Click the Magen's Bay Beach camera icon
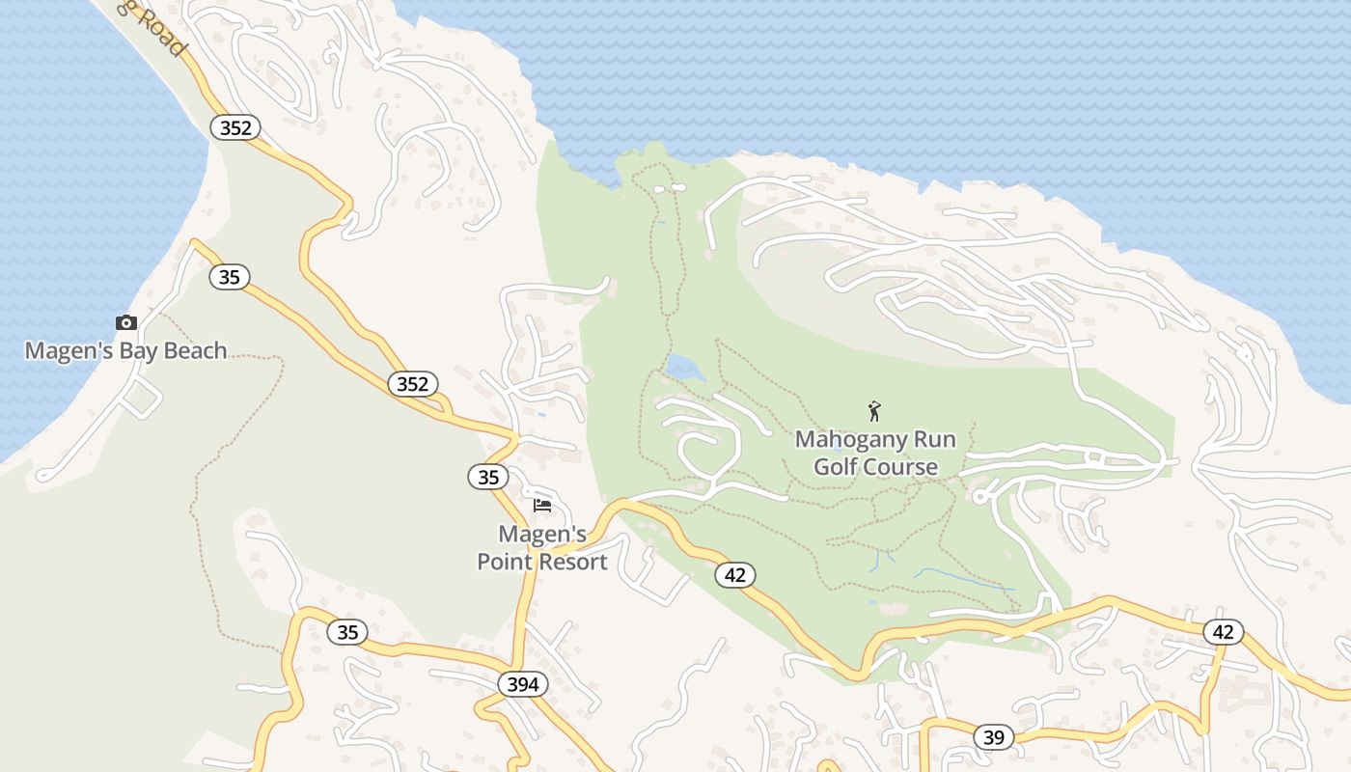tap(126, 323)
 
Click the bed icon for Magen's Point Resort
tap(542, 505)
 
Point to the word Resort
tap(574, 562)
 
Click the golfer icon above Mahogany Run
tap(874, 412)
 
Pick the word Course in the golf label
tap(905, 467)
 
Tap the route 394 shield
tap(523, 684)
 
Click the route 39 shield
tap(994, 738)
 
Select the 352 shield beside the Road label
tap(235, 127)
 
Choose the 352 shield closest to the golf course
tap(413, 384)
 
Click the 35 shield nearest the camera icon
tap(229, 278)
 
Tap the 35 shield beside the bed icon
tap(489, 477)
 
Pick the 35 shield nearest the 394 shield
tap(347, 633)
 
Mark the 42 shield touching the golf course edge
tap(735, 575)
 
